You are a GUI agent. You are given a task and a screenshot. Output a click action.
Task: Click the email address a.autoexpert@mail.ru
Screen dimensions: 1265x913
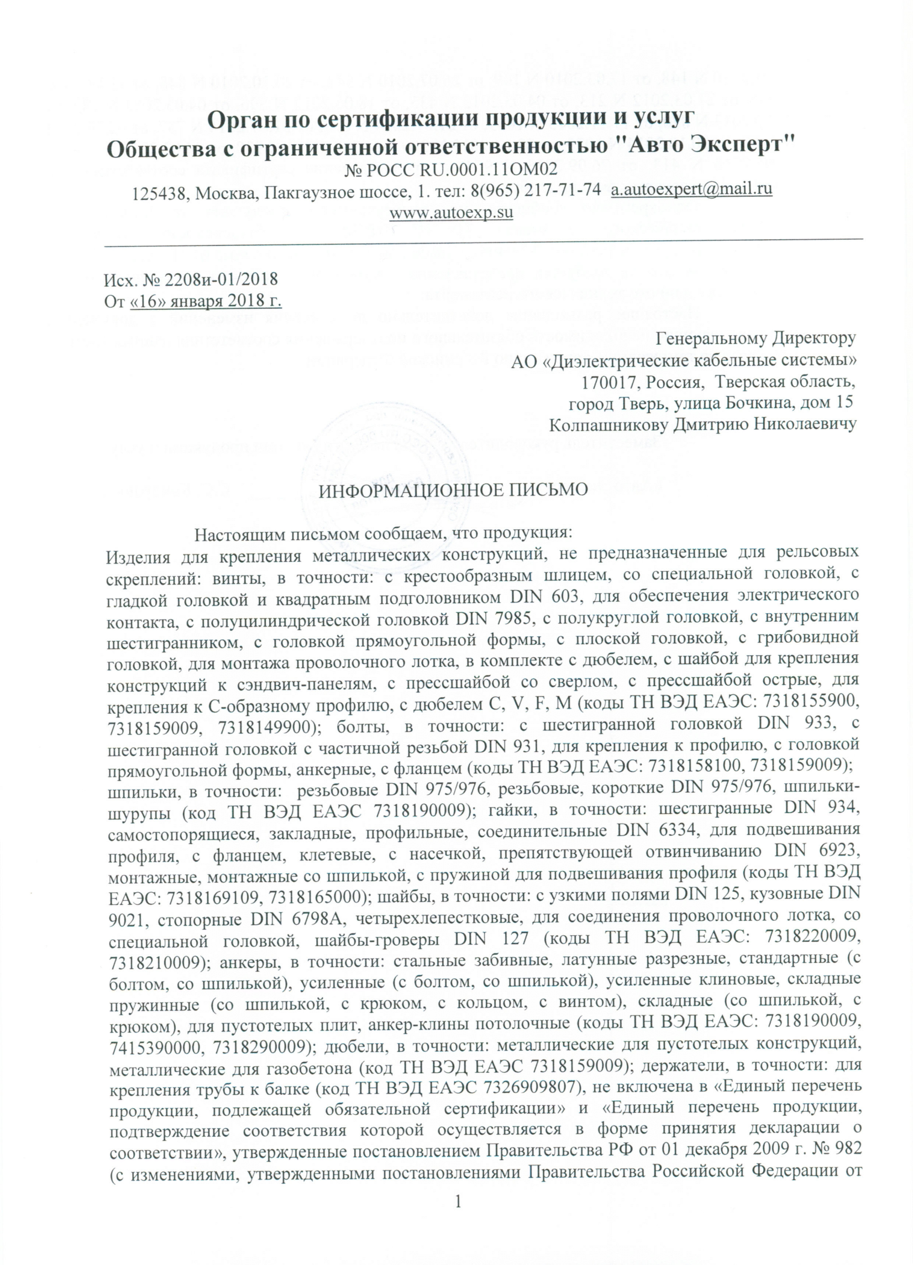tap(691, 189)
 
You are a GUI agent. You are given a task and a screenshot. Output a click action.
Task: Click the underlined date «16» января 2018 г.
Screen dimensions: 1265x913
tap(206, 300)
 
